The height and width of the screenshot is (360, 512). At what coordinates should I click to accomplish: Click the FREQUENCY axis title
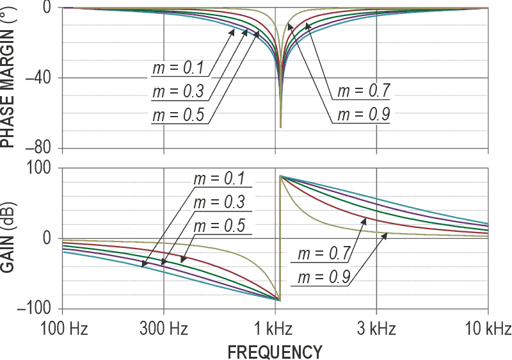point(275,351)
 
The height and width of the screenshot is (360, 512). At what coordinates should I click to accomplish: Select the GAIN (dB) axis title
point(8,238)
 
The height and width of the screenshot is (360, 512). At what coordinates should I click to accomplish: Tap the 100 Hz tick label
point(63,329)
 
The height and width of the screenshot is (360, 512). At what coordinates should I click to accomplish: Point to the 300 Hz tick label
point(164,329)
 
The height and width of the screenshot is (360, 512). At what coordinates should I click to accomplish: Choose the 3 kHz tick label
point(377,329)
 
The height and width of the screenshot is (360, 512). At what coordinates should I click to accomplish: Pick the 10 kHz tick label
point(488,329)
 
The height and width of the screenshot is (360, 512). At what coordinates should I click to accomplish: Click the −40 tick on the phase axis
point(39,78)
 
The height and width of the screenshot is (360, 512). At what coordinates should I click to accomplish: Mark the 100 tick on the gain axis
point(44,168)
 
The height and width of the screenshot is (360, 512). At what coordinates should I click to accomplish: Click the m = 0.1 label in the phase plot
point(177,68)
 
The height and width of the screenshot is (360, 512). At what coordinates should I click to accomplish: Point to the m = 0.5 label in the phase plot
point(177,115)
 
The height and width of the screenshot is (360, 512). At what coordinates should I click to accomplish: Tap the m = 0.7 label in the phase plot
point(364,91)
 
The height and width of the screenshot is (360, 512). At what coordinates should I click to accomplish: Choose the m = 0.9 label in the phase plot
point(364,115)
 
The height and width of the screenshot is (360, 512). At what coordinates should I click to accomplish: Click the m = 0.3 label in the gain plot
point(220,202)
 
